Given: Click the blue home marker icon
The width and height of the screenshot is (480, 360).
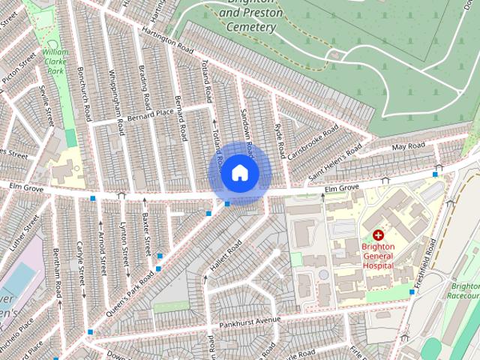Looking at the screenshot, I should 238,172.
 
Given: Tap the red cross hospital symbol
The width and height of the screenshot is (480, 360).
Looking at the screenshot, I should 377,235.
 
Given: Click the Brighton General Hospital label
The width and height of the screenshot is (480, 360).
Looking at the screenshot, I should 377,255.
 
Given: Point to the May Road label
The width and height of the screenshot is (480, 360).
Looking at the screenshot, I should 408,145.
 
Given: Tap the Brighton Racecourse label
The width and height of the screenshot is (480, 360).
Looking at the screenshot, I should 466,290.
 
